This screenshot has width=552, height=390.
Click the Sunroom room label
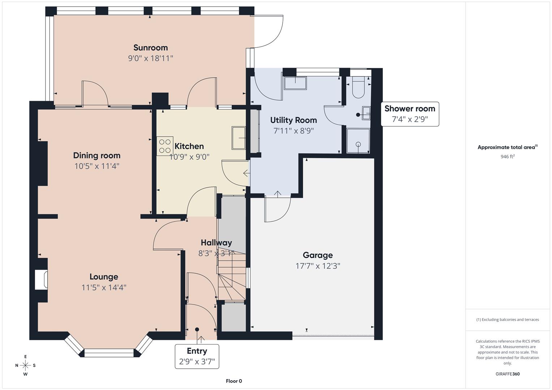click(150, 48)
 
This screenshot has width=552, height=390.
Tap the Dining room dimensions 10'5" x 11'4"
click(97, 166)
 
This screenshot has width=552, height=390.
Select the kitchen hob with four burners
click(165, 146)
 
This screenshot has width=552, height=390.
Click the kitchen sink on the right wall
click(239, 138)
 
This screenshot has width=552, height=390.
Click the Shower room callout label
click(410, 114)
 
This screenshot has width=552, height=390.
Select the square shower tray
click(358, 140)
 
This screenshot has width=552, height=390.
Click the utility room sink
click(295, 83)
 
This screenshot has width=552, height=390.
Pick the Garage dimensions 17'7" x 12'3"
click(317, 266)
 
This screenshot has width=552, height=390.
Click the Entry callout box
click(197, 356)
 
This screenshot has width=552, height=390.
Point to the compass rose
click(25, 365)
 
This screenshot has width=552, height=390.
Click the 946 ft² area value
click(507, 157)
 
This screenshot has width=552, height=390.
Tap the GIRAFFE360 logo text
click(507, 374)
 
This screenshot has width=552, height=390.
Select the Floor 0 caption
click(234, 381)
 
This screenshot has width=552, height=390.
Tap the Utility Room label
click(294, 120)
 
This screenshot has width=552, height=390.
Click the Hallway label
click(216, 243)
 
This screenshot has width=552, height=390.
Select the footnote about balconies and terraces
click(507, 320)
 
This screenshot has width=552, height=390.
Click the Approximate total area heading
click(507, 147)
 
